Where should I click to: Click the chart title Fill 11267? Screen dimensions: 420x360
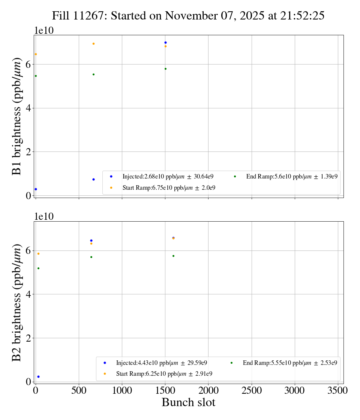tap(188, 15)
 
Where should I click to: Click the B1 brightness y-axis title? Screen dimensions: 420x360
tap(17, 116)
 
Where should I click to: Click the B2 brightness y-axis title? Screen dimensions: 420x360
tap(17, 303)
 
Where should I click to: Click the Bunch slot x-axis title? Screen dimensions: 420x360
tap(188, 402)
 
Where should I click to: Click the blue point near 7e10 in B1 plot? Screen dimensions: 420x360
tap(165, 42)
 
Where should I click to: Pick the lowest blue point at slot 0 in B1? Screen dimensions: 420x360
tap(36, 189)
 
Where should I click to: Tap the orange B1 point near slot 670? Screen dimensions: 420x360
tap(93, 43)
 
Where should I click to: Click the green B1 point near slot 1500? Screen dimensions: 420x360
tap(165, 69)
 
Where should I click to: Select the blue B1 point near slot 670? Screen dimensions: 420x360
tap(93, 179)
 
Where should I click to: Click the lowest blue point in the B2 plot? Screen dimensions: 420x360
tap(38, 376)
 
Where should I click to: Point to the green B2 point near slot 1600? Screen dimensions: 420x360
tap(173, 256)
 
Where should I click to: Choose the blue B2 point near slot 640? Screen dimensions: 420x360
tap(91, 240)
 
